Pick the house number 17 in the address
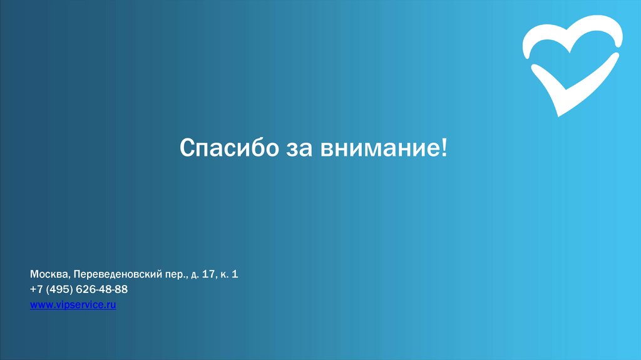pos(207,274)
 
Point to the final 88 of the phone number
pos(121,289)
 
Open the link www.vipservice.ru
pos(73,305)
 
